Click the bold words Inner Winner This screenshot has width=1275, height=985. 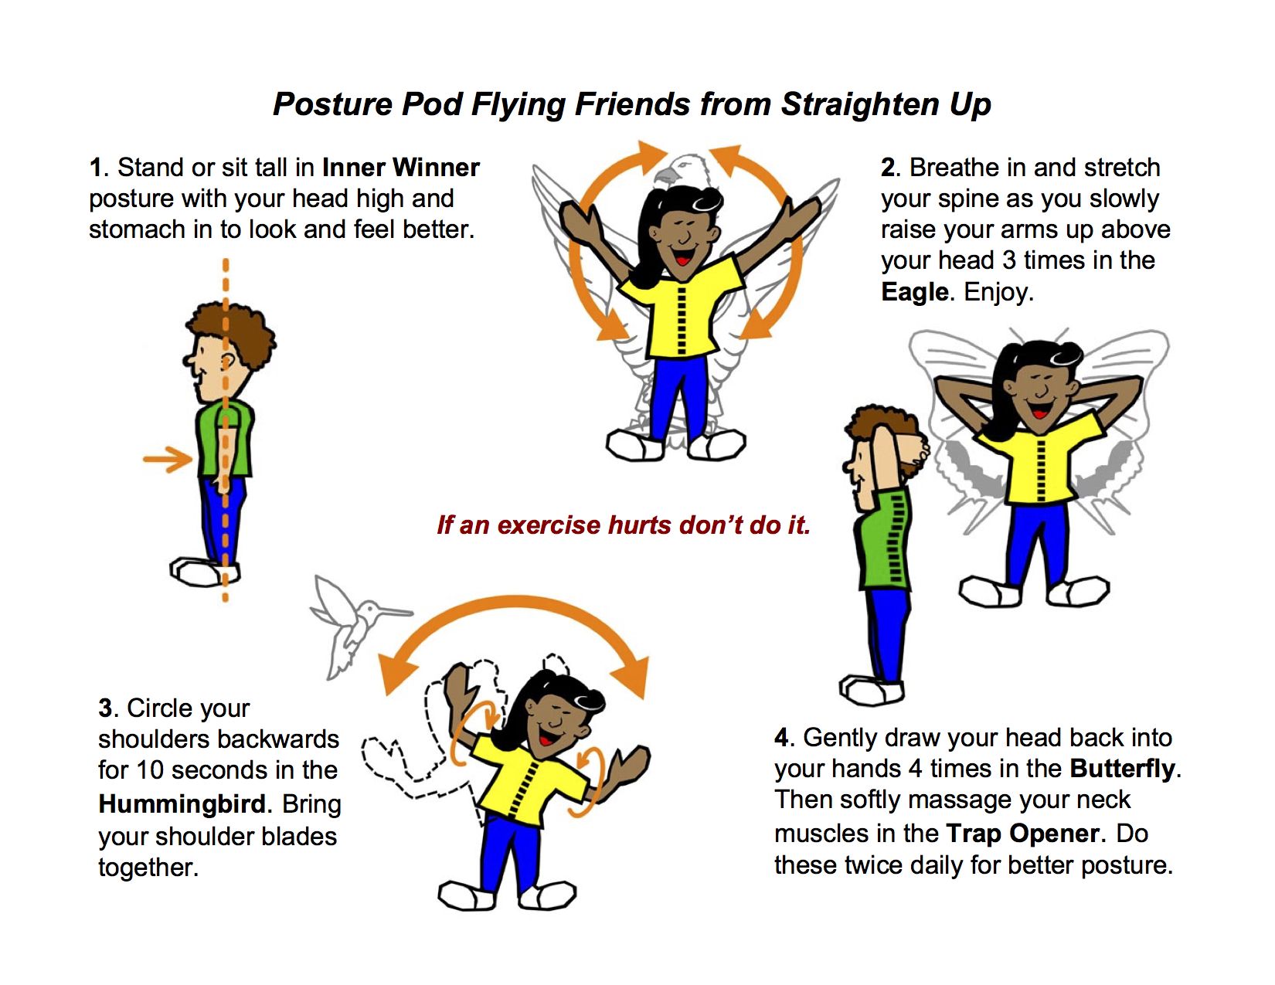point(401,167)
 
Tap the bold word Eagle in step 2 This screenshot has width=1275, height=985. point(914,291)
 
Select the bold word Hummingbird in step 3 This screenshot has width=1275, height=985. point(182,804)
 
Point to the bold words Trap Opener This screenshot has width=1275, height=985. point(1022,834)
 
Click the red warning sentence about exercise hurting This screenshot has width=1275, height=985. point(624,525)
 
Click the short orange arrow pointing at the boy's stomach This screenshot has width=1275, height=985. point(168,459)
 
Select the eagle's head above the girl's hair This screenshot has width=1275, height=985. point(684,170)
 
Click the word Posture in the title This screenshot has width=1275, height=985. point(333,105)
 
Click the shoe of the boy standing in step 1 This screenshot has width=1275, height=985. point(204,571)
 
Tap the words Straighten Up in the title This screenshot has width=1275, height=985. point(886,105)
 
